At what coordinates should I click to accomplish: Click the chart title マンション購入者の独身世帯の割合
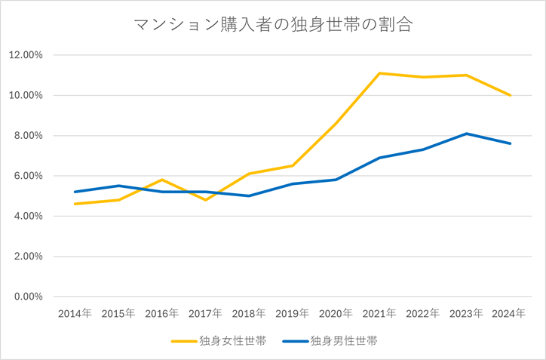point(273,25)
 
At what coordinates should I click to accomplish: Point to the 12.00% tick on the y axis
point(26,55)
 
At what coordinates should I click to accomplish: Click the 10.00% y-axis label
point(26,95)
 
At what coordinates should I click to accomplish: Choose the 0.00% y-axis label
point(28,297)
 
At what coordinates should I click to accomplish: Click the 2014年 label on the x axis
point(75,313)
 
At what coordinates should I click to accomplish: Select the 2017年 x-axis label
point(205,313)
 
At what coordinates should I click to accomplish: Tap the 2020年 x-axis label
point(336,313)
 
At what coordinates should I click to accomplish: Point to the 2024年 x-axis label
point(510,313)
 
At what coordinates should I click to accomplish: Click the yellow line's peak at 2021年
point(379,73)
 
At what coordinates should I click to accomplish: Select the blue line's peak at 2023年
point(467,134)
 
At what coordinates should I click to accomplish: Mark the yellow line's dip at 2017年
point(205,200)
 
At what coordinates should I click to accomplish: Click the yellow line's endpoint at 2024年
point(511,95)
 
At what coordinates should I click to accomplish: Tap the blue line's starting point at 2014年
point(75,192)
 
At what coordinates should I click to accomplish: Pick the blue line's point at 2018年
point(249,195)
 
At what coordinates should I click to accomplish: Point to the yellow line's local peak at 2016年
point(161,180)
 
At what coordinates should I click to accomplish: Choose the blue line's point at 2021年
point(379,158)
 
